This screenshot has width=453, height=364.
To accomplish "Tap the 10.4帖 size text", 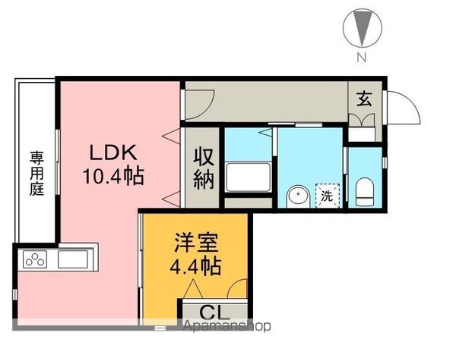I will [x=112, y=177].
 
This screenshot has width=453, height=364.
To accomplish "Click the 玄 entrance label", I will [x=365, y=98].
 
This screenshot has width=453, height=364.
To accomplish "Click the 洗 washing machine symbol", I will [x=326, y=195].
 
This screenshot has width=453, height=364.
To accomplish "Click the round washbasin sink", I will [x=297, y=196].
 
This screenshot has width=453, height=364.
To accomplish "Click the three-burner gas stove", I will [x=35, y=260].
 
